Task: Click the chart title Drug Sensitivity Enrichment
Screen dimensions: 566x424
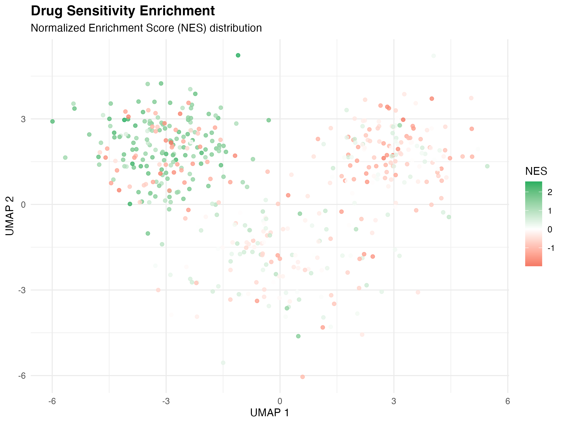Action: (x=123, y=11)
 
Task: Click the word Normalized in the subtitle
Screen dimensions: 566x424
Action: (x=58, y=28)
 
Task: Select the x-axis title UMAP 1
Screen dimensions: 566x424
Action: (x=270, y=412)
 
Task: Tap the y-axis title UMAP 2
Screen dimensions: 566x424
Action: (x=10, y=216)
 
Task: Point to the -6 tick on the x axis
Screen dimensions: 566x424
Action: (x=52, y=401)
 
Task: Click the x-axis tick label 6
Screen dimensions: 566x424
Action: (x=508, y=401)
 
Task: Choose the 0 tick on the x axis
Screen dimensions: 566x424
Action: (x=280, y=401)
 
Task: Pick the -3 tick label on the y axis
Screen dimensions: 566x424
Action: (x=22, y=290)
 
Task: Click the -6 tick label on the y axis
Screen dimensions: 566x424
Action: (x=22, y=376)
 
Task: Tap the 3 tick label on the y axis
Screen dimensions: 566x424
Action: (x=24, y=119)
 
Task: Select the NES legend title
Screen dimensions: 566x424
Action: (x=536, y=171)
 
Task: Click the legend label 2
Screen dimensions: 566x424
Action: (x=550, y=192)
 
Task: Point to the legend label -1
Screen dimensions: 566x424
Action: (x=551, y=248)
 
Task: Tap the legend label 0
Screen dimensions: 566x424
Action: (x=550, y=229)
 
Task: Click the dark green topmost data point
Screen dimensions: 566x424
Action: (x=238, y=55)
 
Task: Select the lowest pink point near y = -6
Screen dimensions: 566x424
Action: (x=302, y=377)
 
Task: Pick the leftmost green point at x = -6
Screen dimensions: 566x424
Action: (x=52, y=121)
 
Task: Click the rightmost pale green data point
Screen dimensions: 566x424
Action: (x=487, y=166)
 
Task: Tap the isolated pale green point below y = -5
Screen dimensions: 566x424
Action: (x=223, y=363)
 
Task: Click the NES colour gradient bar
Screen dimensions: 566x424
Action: (x=533, y=224)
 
